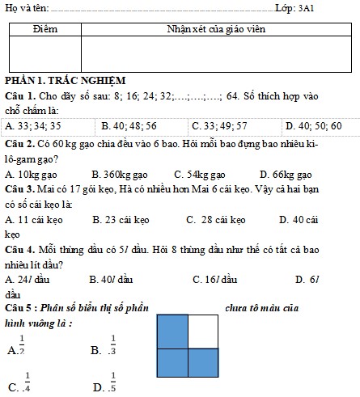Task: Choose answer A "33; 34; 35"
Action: pyautogui.click(x=34, y=126)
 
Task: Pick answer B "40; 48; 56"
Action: pyautogui.click(x=129, y=126)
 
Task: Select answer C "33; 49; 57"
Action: pyautogui.click(x=219, y=126)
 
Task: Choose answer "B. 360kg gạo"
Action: pyautogui.click(x=120, y=175)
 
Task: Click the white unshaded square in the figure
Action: pyautogui.click(x=203, y=331)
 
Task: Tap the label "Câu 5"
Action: pyautogui.click(x=19, y=309)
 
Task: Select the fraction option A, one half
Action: pyautogui.click(x=18, y=345)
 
